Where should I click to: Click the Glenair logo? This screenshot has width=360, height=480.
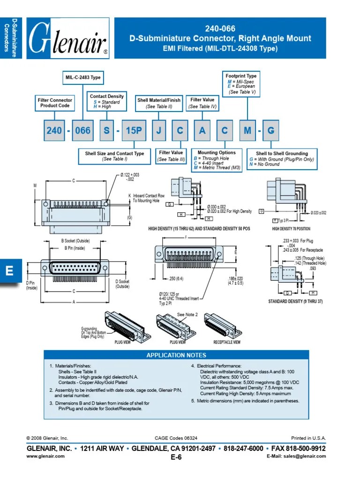(68, 38)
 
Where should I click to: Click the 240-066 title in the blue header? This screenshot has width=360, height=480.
(220, 29)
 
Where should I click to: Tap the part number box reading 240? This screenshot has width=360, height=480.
(54, 131)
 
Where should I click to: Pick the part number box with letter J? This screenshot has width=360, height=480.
(158, 131)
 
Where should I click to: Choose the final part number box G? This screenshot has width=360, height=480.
(270, 131)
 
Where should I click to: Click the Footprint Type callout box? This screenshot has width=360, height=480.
(241, 83)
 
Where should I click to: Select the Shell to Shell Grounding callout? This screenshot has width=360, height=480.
(282, 158)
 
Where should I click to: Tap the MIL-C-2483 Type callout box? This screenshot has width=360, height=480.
(83, 78)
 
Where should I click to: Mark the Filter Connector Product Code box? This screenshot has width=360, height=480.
(55, 103)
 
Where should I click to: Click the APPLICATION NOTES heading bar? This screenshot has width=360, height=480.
(176, 355)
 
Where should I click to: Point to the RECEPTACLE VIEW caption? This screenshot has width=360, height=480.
(227, 342)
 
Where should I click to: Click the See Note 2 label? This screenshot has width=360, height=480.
(187, 315)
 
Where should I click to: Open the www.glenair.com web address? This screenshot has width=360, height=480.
(45, 456)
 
